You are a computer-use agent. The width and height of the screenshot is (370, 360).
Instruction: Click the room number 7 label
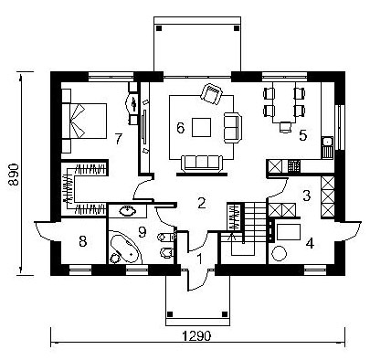pyautogui.click(x=119, y=139)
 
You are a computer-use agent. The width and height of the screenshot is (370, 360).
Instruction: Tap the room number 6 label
pyautogui.click(x=181, y=128)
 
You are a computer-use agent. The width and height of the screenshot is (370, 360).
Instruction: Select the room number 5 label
pyautogui.click(x=302, y=135)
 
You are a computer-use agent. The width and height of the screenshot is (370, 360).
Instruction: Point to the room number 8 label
pyautogui.click(x=82, y=241)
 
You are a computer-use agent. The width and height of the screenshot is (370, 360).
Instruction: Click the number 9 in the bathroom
pyautogui.click(x=142, y=232)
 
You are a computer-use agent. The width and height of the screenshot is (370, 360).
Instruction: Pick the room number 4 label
pyautogui.click(x=310, y=244)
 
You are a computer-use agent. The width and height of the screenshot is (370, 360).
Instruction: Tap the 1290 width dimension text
pyautogui.click(x=196, y=336)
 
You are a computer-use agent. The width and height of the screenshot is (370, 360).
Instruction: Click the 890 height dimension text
pyautogui.click(x=15, y=175)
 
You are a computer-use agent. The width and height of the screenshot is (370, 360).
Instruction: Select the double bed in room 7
pyautogui.click(x=84, y=121)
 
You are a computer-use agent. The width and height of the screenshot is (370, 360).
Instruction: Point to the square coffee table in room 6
pyautogui.click(x=202, y=127)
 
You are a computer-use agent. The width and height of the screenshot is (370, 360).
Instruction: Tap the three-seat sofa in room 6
pyautogui.click(x=202, y=164)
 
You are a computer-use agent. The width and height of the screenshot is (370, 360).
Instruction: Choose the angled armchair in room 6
pyautogui.click(x=211, y=93)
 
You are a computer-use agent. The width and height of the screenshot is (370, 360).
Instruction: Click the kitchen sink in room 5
pyautogui.click(x=328, y=148)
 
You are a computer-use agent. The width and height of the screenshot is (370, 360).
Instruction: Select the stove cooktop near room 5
pyautogui.click(x=294, y=166)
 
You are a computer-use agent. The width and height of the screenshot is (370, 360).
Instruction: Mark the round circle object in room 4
pyautogui.click(x=279, y=253)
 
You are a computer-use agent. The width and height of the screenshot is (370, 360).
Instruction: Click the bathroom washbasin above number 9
pyautogui.click(x=128, y=211)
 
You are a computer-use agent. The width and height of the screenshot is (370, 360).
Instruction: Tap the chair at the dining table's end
pyautogui.click(x=285, y=127)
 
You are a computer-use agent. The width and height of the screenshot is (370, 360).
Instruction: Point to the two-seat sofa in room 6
pyautogui.click(x=233, y=127)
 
